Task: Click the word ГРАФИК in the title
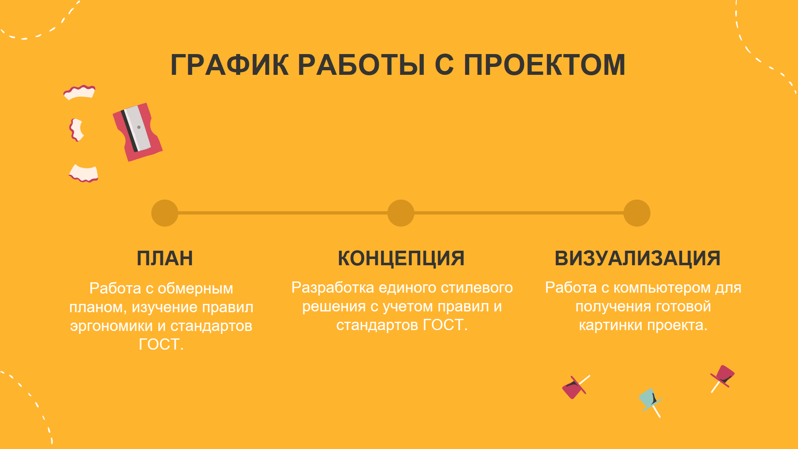pyautogui.click(x=229, y=65)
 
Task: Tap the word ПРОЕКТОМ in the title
pyautogui.click(x=544, y=65)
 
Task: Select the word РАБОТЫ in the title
pyautogui.click(x=362, y=65)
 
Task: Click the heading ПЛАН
pyautogui.click(x=165, y=259)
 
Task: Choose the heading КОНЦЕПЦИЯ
pyautogui.click(x=401, y=259)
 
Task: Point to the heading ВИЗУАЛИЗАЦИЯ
pyautogui.click(x=638, y=259)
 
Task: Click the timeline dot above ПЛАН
pyautogui.click(x=165, y=213)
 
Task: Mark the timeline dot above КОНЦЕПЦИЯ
pyautogui.click(x=401, y=213)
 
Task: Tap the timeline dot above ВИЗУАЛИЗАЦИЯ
pyautogui.click(x=637, y=213)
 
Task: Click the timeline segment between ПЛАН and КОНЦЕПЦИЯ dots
pyautogui.click(x=283, y=213)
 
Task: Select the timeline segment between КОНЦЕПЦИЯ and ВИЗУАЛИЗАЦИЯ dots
pyautogui.click(x=519, y=213)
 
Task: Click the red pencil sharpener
pyautogui.click(x=138, y=132)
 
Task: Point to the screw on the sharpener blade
pyautogui.click(x=139, y=127)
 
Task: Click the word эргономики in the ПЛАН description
pyautogui.click(x=111, y=326)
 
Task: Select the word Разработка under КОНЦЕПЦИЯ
pyautogui.click(x=333, y=288)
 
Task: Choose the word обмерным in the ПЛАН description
pyautogui.click(x=195, y=289)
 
